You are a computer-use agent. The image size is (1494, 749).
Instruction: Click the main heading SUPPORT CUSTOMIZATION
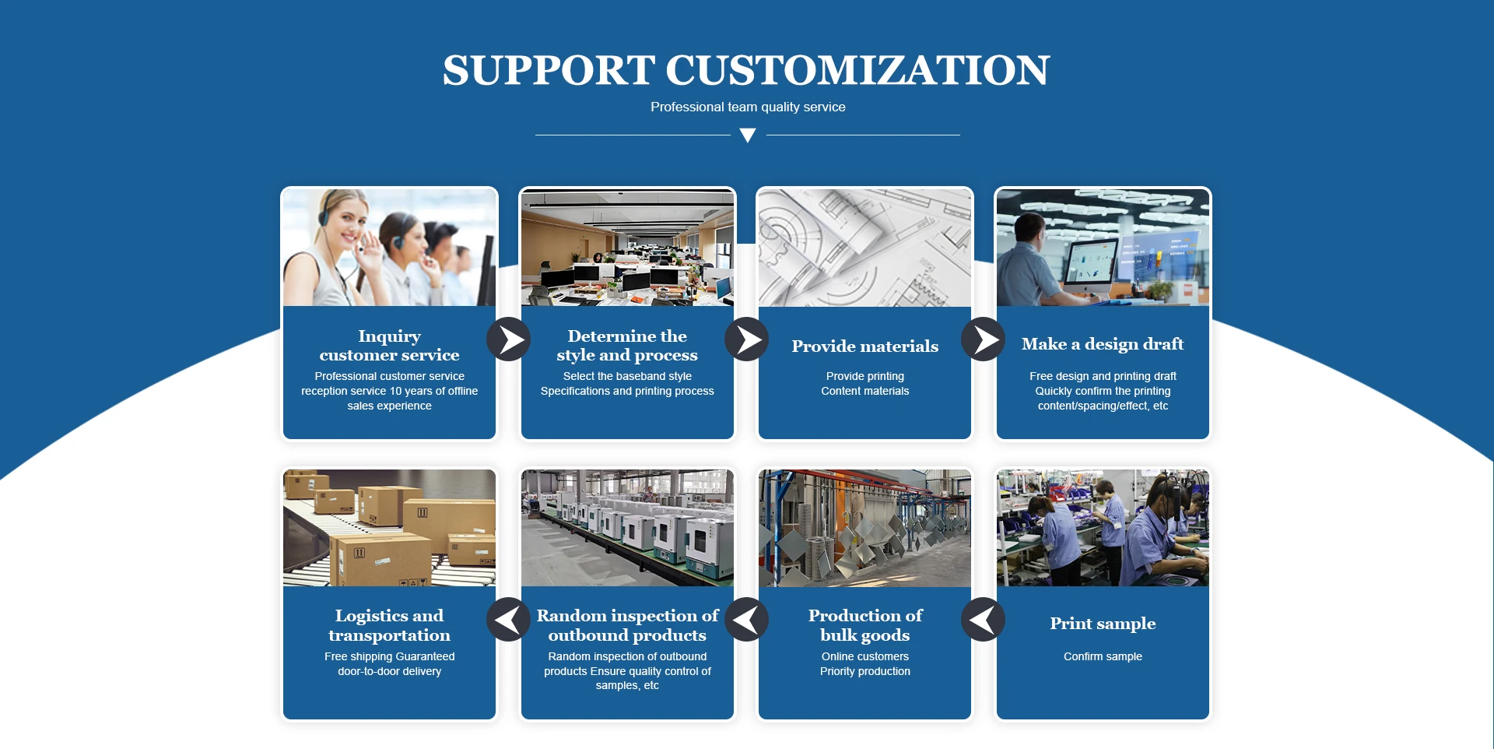point(746,70)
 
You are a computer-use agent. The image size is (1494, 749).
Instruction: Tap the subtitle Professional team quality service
point(748,107)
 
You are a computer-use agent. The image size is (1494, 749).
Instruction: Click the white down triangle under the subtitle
point(748,135)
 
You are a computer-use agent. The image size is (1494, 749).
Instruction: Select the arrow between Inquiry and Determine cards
point(509,339)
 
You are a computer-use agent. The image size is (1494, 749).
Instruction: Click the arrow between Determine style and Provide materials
point(747,339)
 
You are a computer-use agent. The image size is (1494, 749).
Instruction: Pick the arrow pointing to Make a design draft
point(984,339)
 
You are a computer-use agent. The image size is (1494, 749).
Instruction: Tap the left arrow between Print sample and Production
point(984,620)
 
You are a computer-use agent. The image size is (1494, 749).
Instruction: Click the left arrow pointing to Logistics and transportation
point(509,620)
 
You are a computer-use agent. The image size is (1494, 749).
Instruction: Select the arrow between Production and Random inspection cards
point(747,620)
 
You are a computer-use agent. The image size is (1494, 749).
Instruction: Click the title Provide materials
point(865,346)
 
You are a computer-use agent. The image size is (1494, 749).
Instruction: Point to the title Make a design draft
point(1103,344)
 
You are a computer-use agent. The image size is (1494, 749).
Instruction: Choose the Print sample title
point(1103,624)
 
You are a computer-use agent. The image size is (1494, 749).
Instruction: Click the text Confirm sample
point(1103,656)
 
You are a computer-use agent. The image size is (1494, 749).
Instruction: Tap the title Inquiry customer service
point(389,346)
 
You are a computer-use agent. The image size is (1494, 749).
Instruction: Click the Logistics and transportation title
point(389,625)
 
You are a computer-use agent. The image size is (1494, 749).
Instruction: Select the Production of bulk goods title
point(865,625)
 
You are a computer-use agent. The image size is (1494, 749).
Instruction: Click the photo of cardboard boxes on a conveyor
point(389,527)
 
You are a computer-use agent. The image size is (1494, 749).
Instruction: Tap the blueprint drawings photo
point(865,248)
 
